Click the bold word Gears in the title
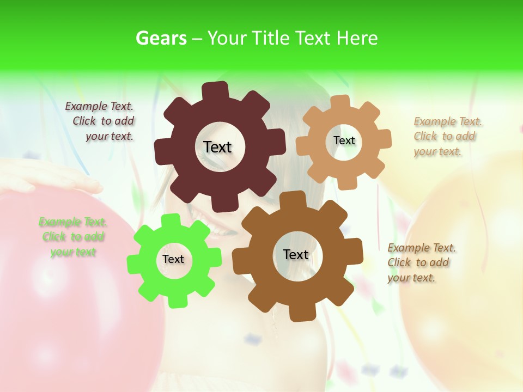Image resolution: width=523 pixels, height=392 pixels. [x=161, y=38]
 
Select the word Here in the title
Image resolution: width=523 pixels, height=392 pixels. [x=357, y=38]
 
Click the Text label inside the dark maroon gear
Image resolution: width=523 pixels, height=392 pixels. [x=217, y=147]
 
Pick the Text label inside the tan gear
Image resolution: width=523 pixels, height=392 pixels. [x=344, y=140]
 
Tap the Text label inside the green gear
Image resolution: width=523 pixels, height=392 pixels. [x=173, y=259]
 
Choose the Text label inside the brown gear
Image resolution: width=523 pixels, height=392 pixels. [x=296, y=254]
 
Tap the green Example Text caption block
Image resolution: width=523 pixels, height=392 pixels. [x=72, y=237]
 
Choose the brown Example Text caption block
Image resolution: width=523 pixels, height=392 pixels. [x=421, y=262]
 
